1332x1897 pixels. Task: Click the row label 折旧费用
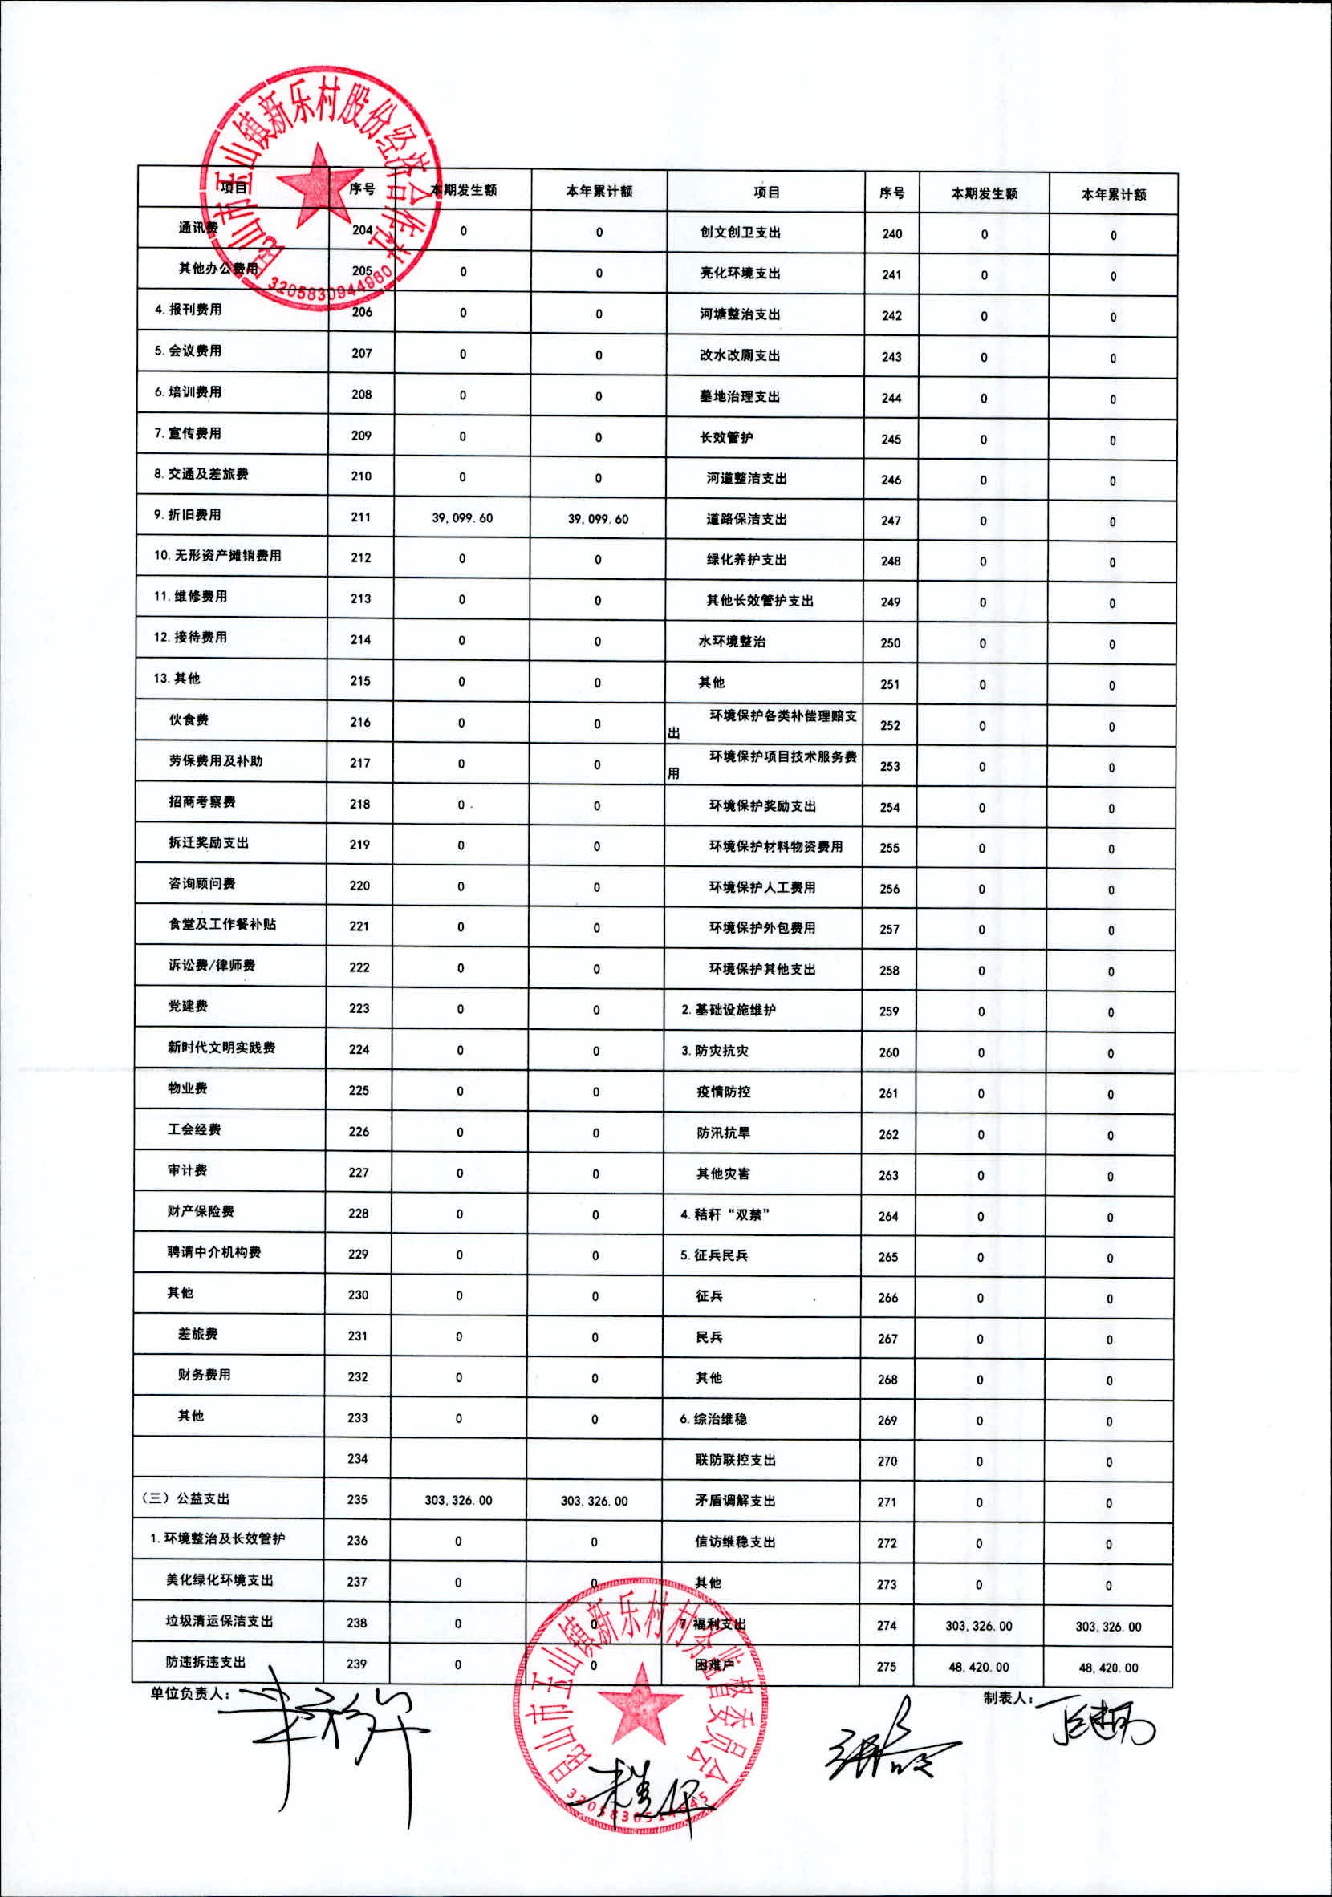tap(188, 515)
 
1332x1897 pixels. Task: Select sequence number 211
tap(360, 517)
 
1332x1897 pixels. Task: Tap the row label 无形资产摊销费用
tap(217, 556)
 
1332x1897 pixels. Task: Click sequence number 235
tap(357, 1499)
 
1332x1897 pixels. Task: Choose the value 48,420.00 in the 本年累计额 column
tap(1108, 1668)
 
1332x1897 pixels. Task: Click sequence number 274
tap(887, 1625)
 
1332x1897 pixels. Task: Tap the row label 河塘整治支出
tap(740, 314)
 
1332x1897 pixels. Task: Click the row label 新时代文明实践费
tap(221, 1048)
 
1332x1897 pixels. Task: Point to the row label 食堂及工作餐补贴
tap(222, 925)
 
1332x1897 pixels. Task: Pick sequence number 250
tap(890, 642)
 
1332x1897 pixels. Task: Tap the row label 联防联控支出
tap(736, 1461)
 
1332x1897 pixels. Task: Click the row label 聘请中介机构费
tap(214, 1253)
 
